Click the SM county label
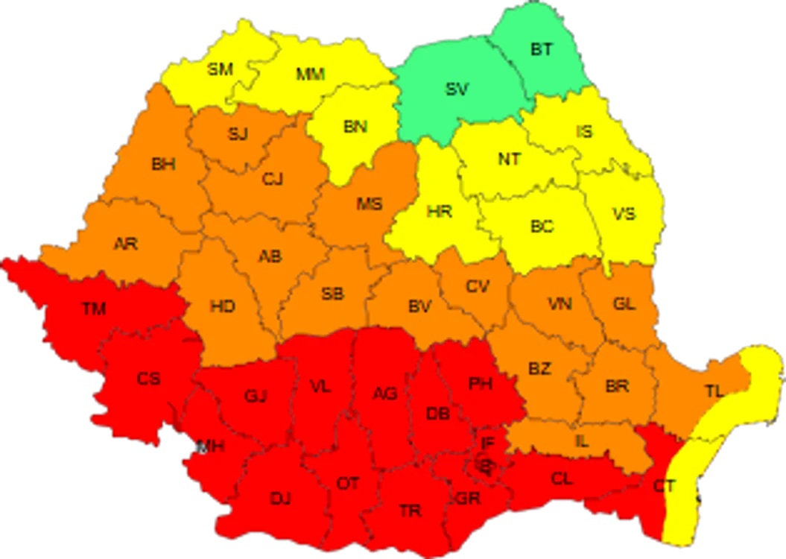point(220,69)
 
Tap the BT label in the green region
point(542,50)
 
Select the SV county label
point(457,89)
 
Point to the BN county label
point(355,127)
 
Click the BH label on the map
point(163,165)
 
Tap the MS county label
point(369,203)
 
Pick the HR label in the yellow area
point(440,211)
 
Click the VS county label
point(624,214)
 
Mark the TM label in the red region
point(94,308)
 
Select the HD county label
point(222,306)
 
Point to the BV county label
point(419,306)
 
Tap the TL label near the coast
point(714,391)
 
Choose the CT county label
point(665,487)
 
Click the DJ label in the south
point(280,499)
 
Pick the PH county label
point(481,384)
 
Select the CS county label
point(148,379)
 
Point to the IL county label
point(582,441)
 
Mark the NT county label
point(510,159)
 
